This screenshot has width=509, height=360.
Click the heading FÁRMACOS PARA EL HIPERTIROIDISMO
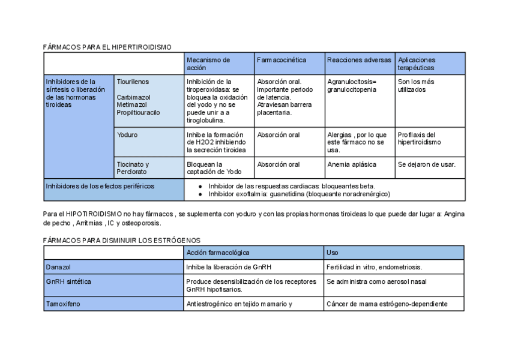107,47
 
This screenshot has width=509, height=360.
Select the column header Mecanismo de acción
208,64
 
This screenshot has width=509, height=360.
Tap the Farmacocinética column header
282,60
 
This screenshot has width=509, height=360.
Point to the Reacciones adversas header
359,60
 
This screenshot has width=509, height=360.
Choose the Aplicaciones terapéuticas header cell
417,64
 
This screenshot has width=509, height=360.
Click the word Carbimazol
134,97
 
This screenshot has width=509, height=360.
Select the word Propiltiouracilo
139,112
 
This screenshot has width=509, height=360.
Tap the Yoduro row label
127,135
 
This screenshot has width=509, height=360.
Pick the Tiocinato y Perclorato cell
133,168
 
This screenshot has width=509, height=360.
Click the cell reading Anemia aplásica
352,164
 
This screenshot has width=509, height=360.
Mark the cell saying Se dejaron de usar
426,164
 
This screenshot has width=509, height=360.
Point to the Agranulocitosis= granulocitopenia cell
352,86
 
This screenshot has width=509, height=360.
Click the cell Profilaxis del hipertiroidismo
419,139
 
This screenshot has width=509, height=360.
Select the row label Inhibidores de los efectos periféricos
100,186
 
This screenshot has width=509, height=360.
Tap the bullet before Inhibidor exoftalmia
202,194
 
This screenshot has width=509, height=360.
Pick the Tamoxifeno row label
62,304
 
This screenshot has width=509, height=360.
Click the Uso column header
332,253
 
